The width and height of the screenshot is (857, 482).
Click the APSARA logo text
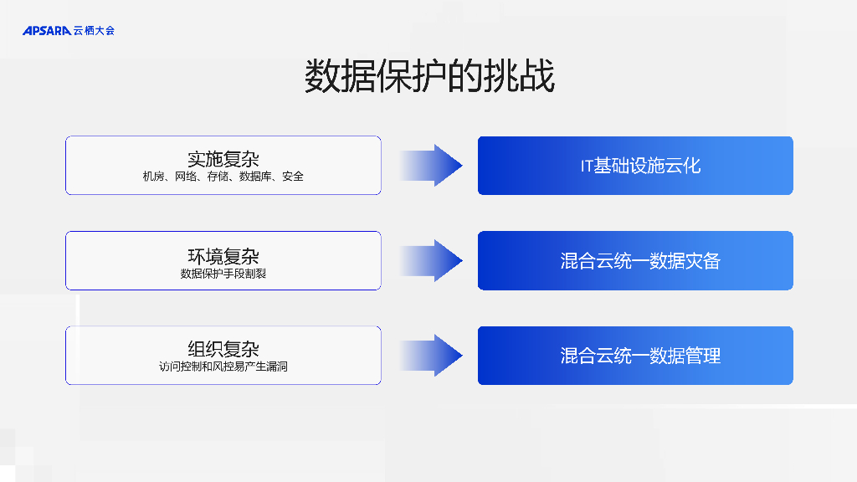click(x=47, y=31)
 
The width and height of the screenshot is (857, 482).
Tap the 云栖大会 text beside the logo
click(x=94, y=31)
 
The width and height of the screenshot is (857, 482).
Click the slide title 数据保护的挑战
click(x=428, y=77)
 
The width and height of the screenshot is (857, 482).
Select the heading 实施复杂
click(x=223, y=159)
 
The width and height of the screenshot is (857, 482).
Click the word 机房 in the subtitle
click(x=154, y=177)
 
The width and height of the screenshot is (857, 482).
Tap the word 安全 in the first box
click(x=293, y=177)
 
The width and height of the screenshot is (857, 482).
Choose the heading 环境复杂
click(x=223, y=256)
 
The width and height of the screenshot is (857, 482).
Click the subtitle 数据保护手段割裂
click(x=223, y=274)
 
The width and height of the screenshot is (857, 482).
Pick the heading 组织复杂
click(x=223, y=349)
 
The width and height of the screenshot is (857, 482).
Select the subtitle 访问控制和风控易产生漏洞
click(x=223, y=367)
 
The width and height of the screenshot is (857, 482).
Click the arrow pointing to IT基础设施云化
click(x=431, y=166)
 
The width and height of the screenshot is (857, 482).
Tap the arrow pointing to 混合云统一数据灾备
click(x=431, y=260)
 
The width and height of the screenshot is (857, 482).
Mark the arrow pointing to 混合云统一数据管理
click(x=431, y=356)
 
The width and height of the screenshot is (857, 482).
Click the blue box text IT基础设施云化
click(x=640, y=166)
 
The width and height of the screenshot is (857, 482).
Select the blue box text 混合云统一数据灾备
click(x=640, y=261)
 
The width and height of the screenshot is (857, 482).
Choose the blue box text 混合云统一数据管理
click(x=640, y=356)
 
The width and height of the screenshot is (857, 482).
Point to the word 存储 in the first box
click(x=219, y=177)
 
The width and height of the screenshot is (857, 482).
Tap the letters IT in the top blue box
click(x=587, y=166)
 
